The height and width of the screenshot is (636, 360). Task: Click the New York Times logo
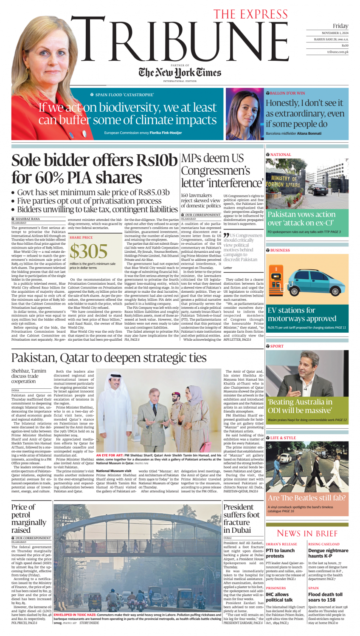pos(174,72)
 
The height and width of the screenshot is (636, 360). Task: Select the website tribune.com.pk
pos(337,52)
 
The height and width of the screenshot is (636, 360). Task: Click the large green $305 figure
pos(88,252)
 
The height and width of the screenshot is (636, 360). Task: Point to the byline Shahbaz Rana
pos(28,219)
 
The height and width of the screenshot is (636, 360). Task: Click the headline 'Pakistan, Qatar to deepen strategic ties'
pos(109,358)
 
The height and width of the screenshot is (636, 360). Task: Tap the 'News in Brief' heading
pos(307,533)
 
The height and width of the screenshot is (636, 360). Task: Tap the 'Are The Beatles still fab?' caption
pos(307,497)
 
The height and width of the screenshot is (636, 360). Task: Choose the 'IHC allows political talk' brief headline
pos(280,597)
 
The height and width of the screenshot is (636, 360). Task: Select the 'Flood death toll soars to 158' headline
pos(325,597)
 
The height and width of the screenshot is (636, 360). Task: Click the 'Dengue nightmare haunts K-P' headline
pos(325,553)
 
